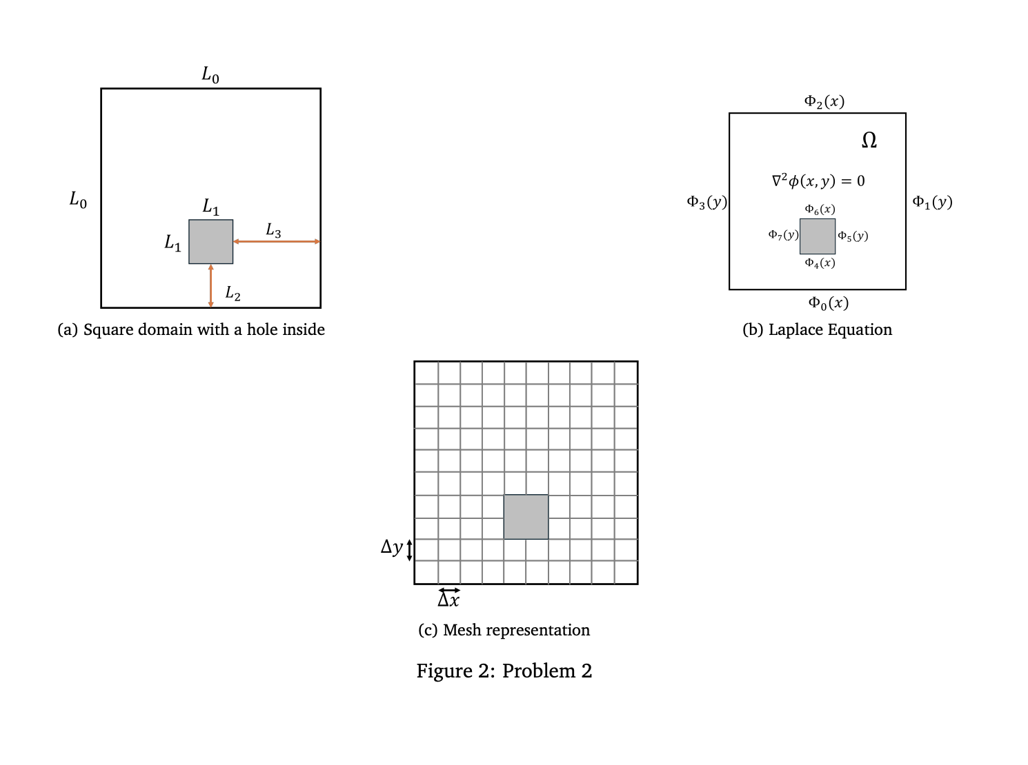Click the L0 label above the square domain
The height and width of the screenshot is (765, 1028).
(x=210, y=74)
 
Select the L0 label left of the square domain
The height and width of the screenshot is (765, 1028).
(x=78, y=200)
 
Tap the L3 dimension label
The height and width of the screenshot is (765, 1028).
(x=273, y=230)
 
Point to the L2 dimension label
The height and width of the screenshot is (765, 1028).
(x=233, y=294)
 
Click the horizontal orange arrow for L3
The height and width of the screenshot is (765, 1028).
(x=276, y=242)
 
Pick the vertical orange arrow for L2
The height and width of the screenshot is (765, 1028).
(x=211, y=285)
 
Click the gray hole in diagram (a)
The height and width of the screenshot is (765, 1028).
(x=211, y=242)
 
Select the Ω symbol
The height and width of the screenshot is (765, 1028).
(x=869, y=141)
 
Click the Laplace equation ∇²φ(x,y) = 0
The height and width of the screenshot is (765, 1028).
(x=818, y=181)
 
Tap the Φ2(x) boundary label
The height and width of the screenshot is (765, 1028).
(x=824, y=102)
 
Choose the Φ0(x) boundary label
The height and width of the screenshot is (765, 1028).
(x=828, y=303)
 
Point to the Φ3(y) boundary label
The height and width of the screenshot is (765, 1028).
(x=706, y=202)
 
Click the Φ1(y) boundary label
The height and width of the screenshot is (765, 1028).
(x=932, y=202)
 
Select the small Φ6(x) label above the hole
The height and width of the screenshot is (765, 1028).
(x=820, y=210)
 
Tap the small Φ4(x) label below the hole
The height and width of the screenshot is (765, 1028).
(x=820, y=263)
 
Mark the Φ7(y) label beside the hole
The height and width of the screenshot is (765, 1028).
(x=783, y=235)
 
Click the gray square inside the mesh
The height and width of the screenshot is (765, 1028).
(x=526, y=517)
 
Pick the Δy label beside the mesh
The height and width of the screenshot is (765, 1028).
(x=392, y=547)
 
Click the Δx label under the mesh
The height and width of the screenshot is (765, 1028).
(x=448, y=600)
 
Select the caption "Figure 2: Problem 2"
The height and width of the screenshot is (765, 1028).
(x=504, y=671)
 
